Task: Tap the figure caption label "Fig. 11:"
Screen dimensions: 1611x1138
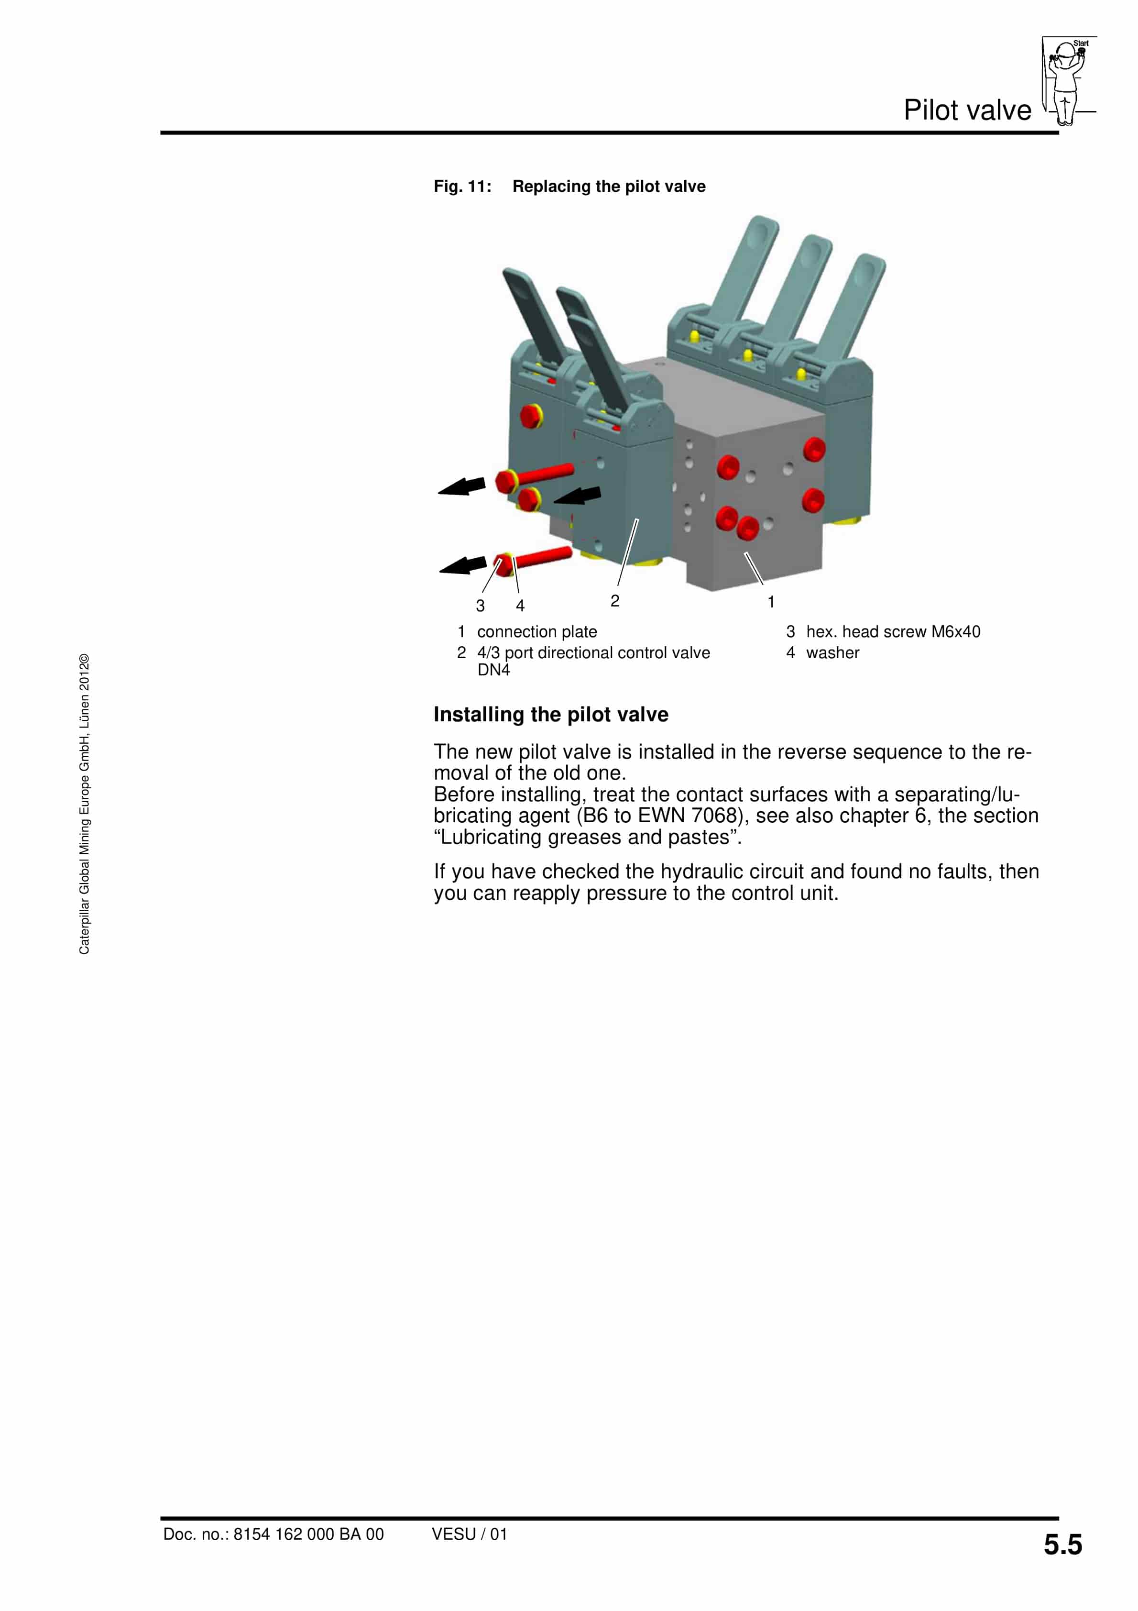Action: tap(462, 187)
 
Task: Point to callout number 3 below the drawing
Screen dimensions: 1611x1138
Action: tap(480, 606)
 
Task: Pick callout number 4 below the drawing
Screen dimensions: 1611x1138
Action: tap(520, 606)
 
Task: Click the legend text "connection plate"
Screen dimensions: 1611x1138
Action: tap(537, 631)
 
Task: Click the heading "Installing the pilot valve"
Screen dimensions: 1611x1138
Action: tap(551, 714)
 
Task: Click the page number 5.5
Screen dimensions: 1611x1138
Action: tap(1062, 1545)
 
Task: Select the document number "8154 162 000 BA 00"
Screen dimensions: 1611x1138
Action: tap(309, 1534)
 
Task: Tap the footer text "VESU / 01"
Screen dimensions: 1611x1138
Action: tap(470, 1534)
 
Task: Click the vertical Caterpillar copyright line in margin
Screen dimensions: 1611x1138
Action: tap(84, 804)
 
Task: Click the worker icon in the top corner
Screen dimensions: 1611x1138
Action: tap(1066, 81)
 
